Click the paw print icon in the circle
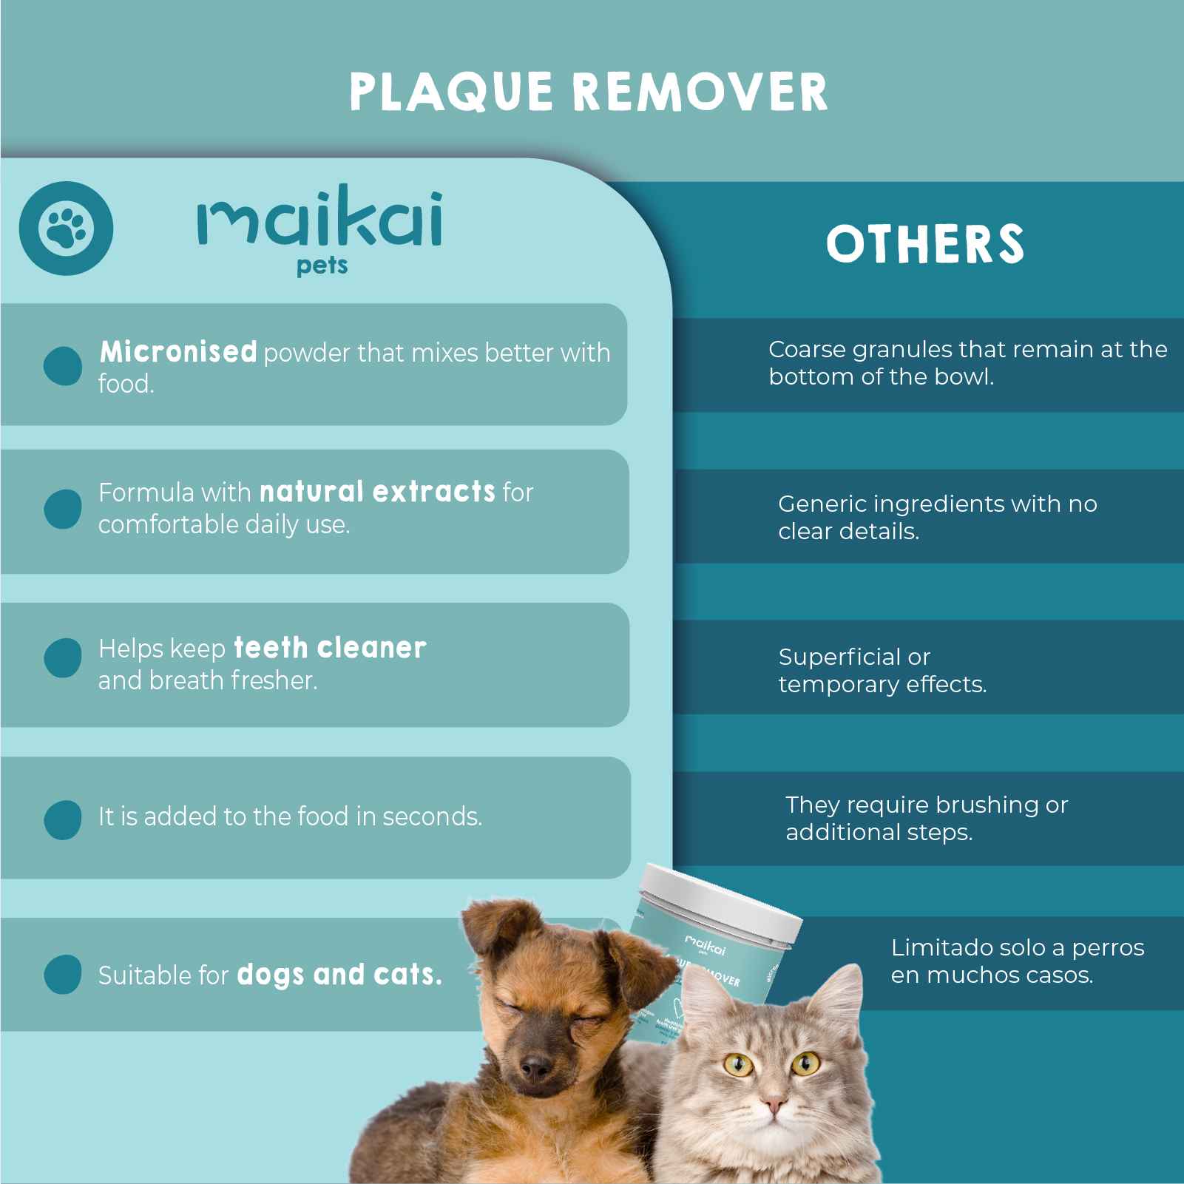pos(66,229)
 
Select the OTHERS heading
pos(925,244)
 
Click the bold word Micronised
pos(178,352)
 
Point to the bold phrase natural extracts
pos(377,492)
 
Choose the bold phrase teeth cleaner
pos(330,648)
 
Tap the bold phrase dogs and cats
pos(339,975)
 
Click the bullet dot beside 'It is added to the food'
pos(63,819)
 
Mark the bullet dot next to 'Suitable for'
pos(63,974)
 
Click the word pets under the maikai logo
pos(322,266)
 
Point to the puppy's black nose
pos(535,1068)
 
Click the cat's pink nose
pos(774,1106)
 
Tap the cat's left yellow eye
pos(738,1065)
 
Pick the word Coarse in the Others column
pos(807,349)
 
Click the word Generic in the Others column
pos(823,504)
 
